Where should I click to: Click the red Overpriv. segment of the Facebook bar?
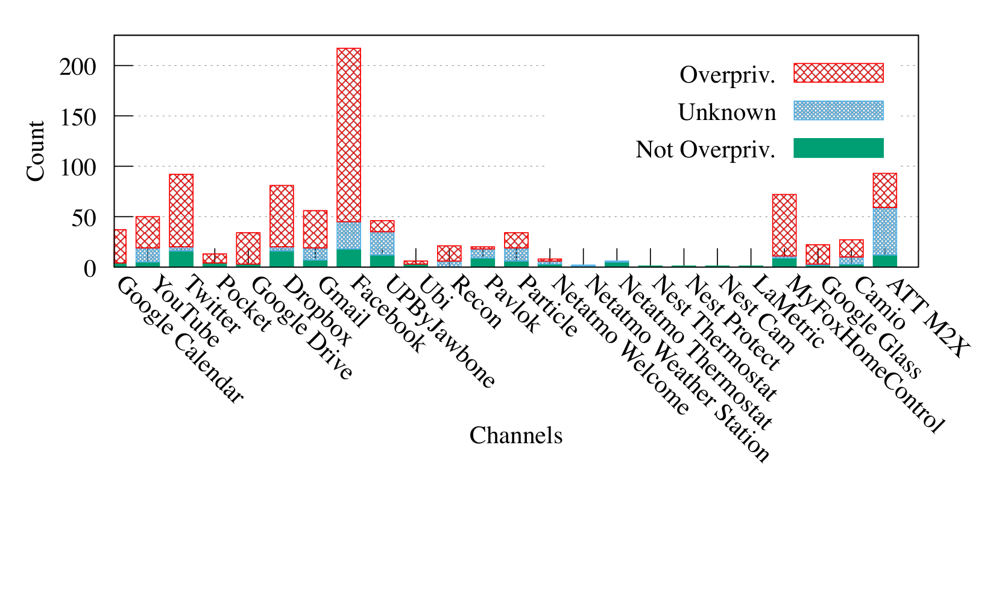click(348, 135)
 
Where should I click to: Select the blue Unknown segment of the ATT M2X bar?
click(885, 232)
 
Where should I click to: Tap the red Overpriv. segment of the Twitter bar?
click(181, 211)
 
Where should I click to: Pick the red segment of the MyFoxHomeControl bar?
click(784, 226)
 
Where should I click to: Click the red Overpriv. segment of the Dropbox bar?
click(282, 216)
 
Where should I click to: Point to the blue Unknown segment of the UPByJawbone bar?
click(382, 244)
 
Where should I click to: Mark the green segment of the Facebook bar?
click(348, 258)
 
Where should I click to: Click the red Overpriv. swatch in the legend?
click(839, 73)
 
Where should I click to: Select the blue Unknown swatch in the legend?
click(839, 110)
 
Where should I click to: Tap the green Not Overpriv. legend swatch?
click(839, 148)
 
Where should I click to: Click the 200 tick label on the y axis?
click(78, 68)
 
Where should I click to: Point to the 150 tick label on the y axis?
click(78, 118)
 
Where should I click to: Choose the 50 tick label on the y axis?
click(84, 218)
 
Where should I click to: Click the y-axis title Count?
click(36, 151)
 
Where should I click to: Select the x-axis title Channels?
click(516, 435)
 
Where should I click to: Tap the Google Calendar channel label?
click(180, 339)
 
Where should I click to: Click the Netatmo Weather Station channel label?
click(678, 369)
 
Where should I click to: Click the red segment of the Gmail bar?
click(315, 229)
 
